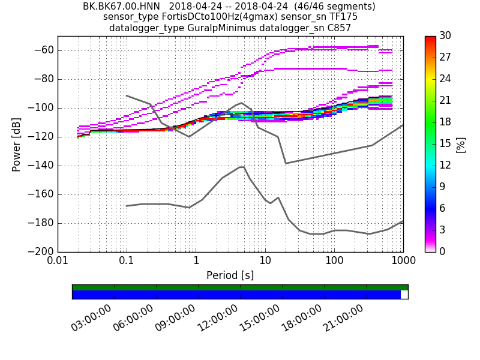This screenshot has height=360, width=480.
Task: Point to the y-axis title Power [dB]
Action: [16, 144]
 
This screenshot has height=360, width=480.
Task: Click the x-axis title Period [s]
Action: [230, 275]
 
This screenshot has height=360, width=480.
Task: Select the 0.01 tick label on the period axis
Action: [58, 262]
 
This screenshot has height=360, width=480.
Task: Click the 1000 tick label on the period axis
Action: [403, 262]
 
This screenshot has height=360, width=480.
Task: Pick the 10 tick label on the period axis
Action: [265, 262]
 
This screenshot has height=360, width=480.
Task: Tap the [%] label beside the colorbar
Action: [461, 144]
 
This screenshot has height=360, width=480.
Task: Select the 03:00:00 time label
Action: [91, 318]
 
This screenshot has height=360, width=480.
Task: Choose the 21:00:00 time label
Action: [343, 318]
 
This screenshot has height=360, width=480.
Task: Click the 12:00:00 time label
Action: [217, 318]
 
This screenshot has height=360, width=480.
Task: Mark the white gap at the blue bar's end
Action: [404, 295]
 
